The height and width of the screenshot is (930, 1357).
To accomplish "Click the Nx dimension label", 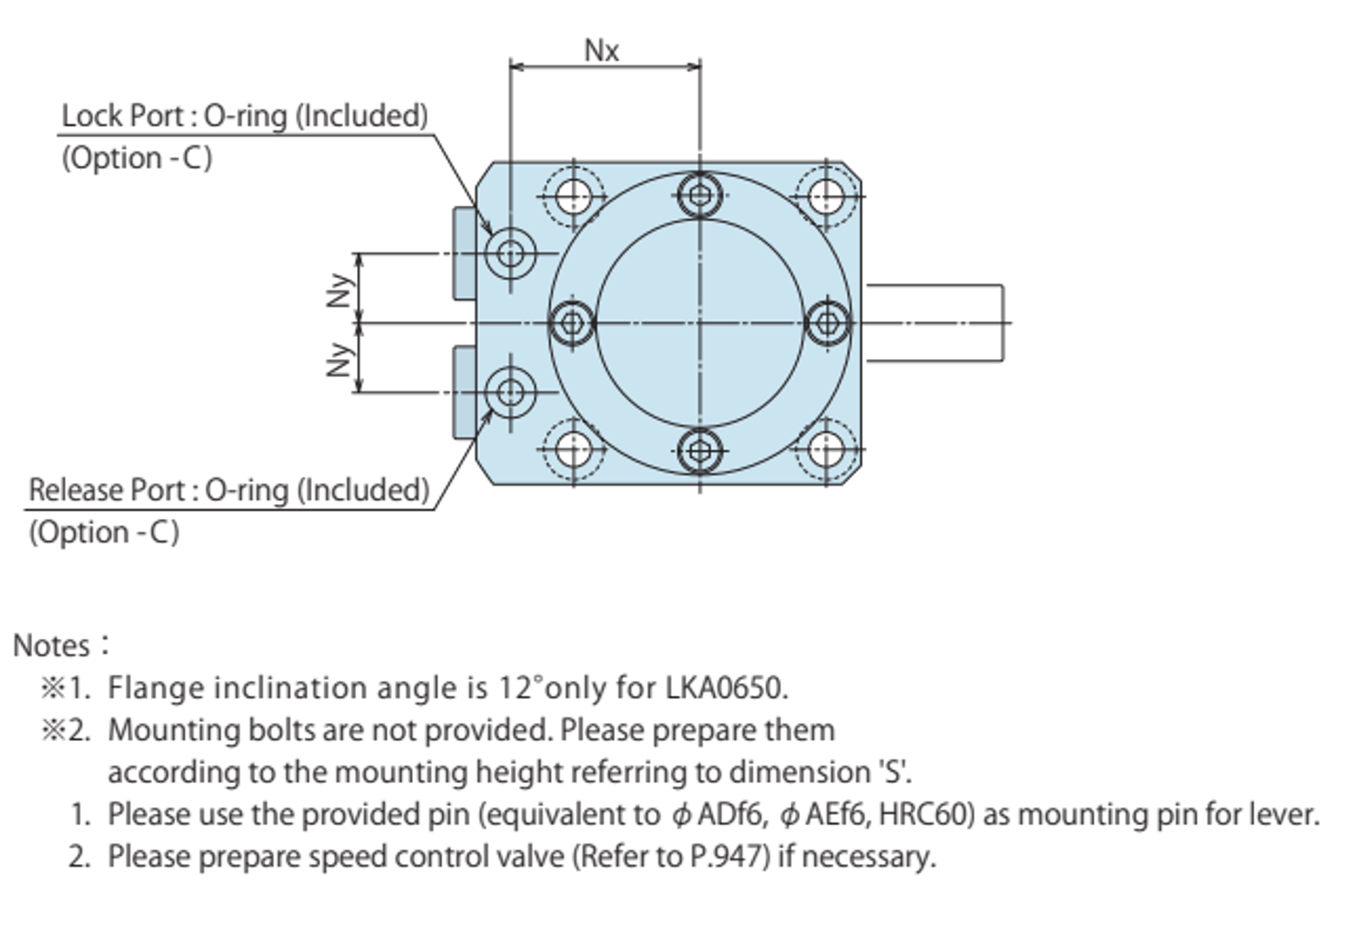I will pyautogui.click(x=602, y=50).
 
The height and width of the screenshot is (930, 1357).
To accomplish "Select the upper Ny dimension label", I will pyautogui.click(x=339, y=289).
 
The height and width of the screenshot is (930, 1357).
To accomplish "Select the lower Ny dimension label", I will pyautogui.click(x=339, y=359).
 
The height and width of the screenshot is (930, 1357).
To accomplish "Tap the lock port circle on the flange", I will pyautogui.click(x=510, y=253).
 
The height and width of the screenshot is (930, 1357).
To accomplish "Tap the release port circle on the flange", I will pyautogui.click(x=510, y=393).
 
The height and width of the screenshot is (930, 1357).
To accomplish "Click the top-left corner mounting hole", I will pyautogui.click(x=573, y=196).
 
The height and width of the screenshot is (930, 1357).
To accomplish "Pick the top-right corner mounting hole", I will pyautogui.click(x=827, y=196).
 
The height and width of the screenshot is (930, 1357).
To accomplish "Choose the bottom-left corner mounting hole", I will pyautogui.click(x=573, y=450).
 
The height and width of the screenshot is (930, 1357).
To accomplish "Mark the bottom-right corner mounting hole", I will pyautogui.click(x=827, y=450).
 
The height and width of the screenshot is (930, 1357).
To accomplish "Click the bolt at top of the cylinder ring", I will pyautogui.click(x=700, y=196).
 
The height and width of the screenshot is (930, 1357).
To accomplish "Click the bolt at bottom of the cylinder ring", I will pyautogui.click(x=700, y=450).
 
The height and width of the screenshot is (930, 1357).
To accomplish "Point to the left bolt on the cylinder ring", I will pyautogui.click(x=573, y=323).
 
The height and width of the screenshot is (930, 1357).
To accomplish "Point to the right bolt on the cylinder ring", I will pyautogui.click(x=828, y=323).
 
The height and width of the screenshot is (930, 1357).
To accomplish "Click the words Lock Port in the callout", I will pyautogui.click(x=123, y=117).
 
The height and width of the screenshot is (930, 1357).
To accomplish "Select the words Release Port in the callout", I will pyautogui.click(x=107, y=490).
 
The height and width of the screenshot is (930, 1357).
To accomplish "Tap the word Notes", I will pyautogui.click(x=51, y=645).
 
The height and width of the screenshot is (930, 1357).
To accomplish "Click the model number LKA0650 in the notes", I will pyautogui.click(x=725, y=688).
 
